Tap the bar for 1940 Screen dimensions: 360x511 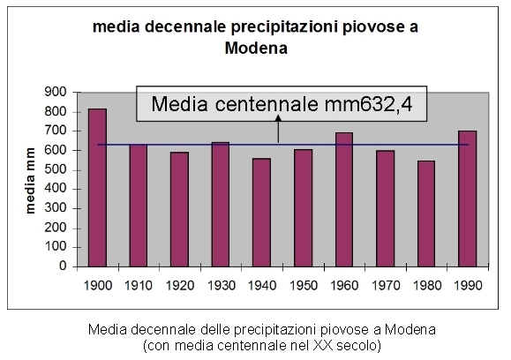tap(262, 212)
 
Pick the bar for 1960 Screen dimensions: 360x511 tap(344, 199)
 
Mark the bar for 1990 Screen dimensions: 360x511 tap(468, 199)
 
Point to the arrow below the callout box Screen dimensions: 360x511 tap(278, 131)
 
